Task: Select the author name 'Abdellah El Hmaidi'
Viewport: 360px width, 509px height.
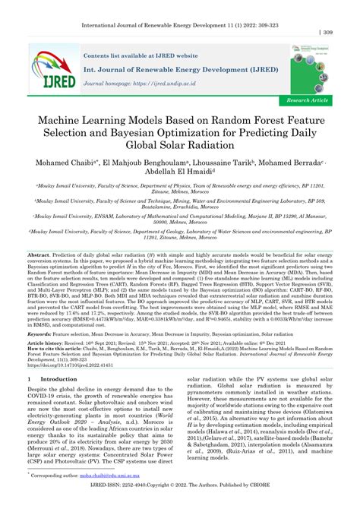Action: pos(180,175)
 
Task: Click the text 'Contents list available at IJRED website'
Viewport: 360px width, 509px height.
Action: pos(141,56)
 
